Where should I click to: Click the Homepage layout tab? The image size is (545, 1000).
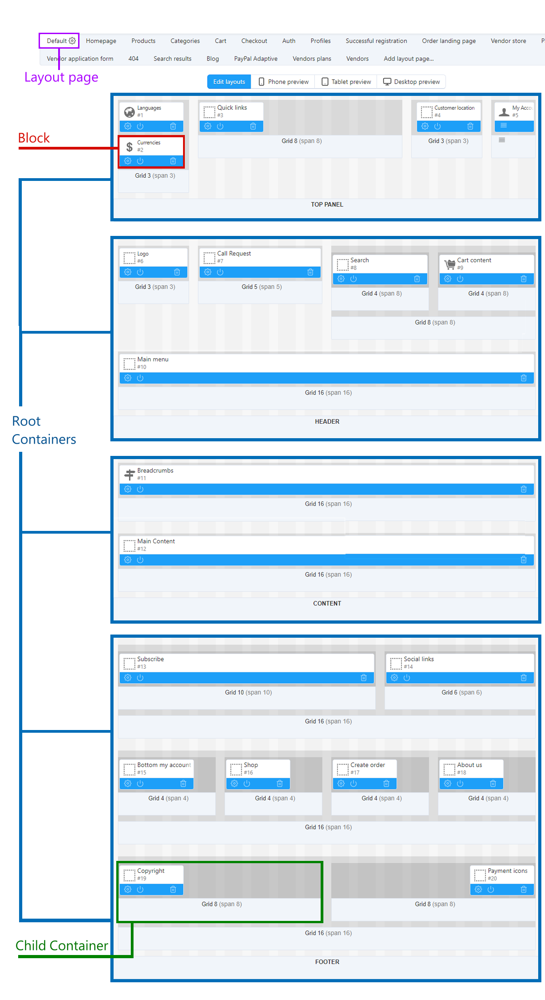101,41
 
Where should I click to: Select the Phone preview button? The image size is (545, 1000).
283,82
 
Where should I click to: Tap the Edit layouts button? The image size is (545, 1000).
229,82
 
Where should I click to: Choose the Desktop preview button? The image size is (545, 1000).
411,82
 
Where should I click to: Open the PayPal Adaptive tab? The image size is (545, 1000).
256,59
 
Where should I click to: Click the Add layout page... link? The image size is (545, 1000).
409,59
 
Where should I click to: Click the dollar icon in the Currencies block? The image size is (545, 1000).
129,147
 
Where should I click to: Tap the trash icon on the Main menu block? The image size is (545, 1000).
524,378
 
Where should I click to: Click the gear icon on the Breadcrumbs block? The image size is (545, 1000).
128,489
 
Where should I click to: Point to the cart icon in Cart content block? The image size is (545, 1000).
450,264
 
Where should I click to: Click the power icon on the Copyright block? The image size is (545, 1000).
140,890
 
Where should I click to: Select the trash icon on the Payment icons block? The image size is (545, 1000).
524,890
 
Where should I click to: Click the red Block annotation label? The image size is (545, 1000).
34,138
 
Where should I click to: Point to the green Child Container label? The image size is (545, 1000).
62,945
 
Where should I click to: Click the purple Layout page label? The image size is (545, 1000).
61,77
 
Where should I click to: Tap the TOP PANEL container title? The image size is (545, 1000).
327,205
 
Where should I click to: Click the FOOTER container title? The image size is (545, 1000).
327,962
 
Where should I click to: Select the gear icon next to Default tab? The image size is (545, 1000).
72,41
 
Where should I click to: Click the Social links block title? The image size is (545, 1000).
419,659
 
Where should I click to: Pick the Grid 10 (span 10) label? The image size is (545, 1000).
248,692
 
